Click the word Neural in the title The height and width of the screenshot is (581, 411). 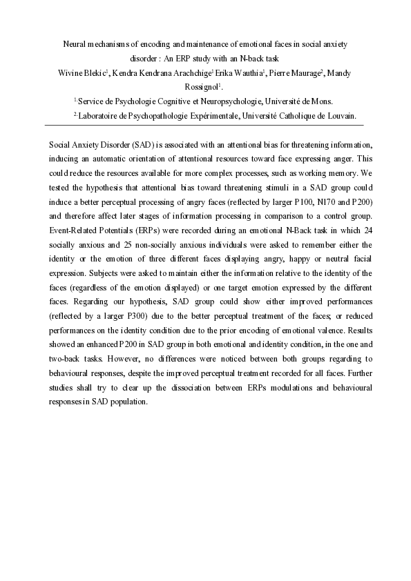pyautogui.click(x=77, y=43)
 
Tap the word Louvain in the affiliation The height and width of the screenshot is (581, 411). pyautogui.click(x=341, y=116)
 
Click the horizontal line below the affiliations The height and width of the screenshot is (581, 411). pyautogui.click(x=205, y=125)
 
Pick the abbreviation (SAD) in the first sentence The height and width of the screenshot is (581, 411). pyautogui.click(x=134, y=146)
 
